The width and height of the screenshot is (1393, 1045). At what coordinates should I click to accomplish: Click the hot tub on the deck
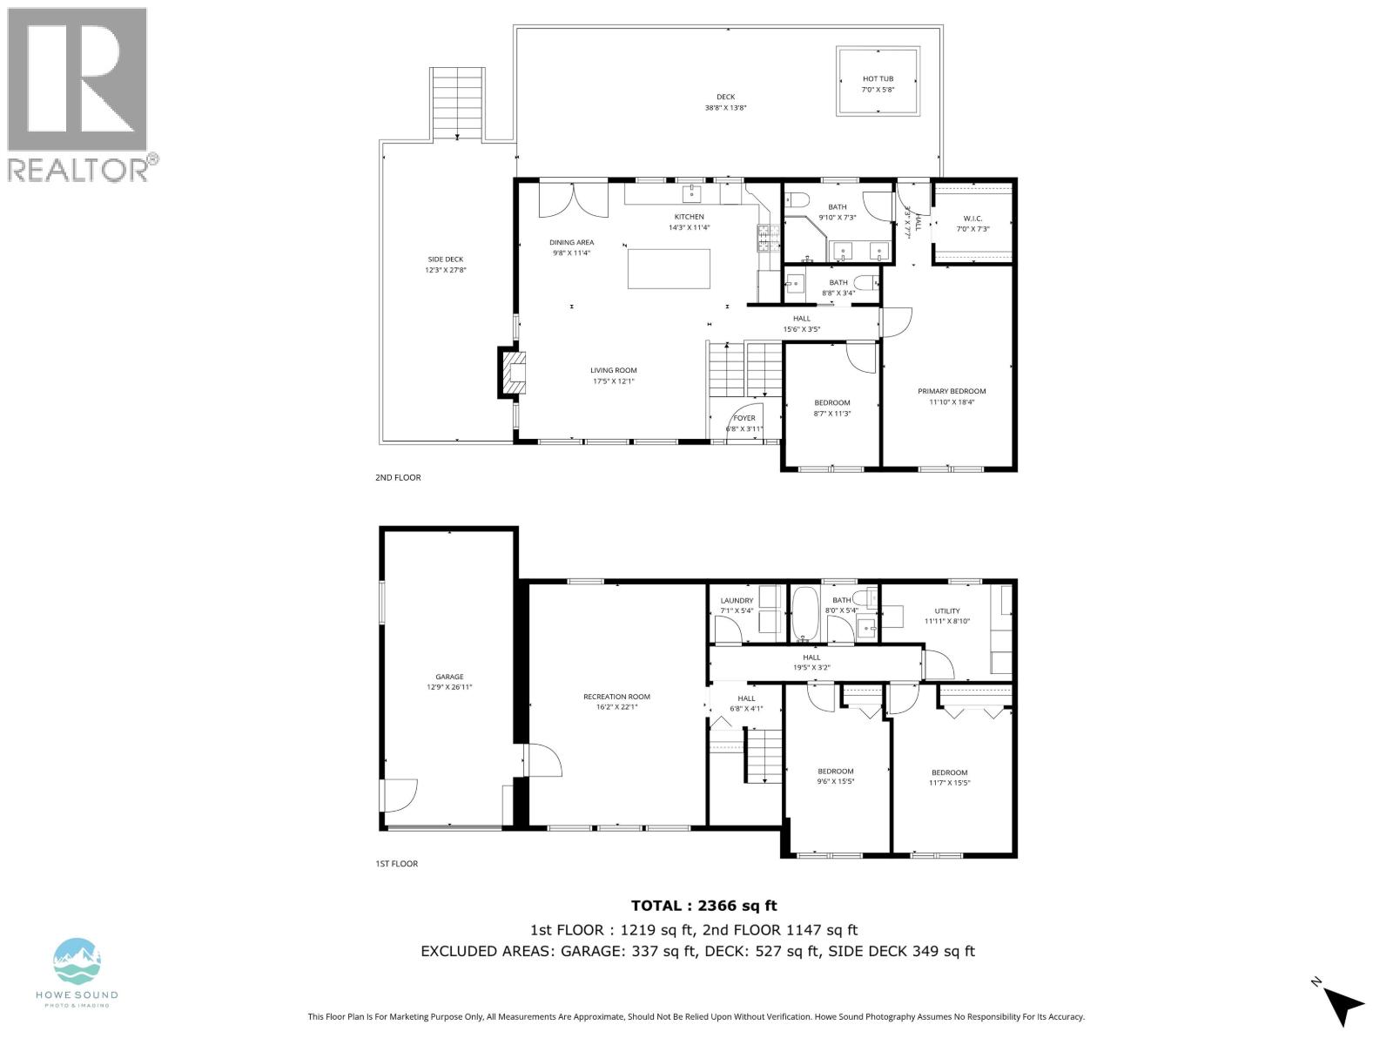878,81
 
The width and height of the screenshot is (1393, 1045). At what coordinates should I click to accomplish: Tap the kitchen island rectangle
669,269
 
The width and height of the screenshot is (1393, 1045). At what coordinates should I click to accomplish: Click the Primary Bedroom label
952,391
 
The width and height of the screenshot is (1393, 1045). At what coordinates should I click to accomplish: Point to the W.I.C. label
972,218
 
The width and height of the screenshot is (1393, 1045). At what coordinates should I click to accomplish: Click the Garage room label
449,677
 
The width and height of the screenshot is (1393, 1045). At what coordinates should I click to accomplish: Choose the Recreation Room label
616,697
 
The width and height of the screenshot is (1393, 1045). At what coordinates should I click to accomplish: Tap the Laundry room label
737,600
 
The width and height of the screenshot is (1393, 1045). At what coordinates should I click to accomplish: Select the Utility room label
946,610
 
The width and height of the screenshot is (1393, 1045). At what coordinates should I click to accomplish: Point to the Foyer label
744,418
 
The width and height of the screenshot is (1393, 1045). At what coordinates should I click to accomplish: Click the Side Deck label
445,260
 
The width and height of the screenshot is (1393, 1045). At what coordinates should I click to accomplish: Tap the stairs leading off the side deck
457,102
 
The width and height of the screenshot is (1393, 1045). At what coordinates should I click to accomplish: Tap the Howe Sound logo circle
77,961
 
